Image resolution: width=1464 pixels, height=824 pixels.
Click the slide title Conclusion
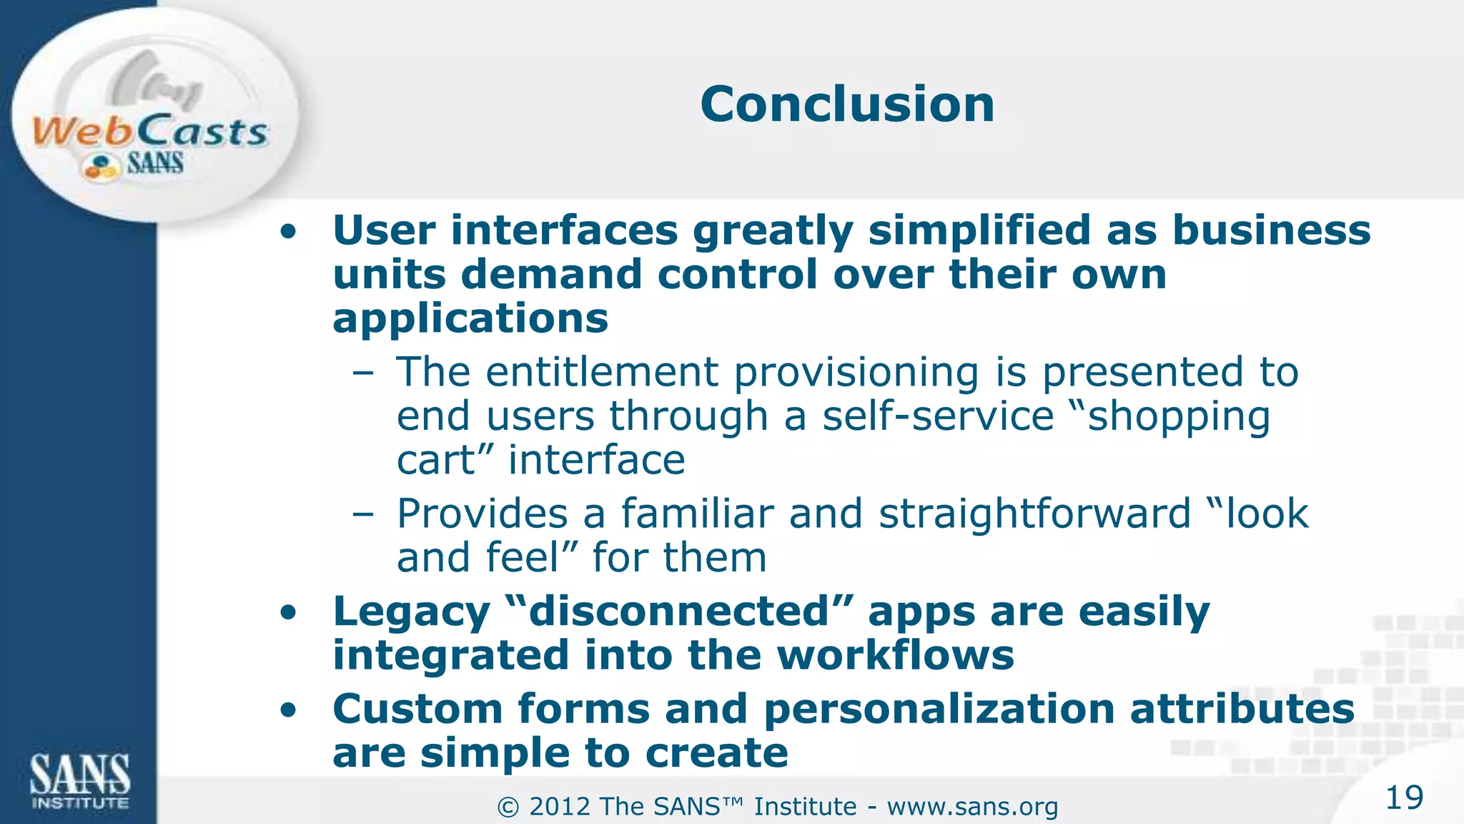point(847,104)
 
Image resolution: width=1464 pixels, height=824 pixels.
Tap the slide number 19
point(1404,798)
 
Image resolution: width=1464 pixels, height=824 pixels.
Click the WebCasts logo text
point(150,132)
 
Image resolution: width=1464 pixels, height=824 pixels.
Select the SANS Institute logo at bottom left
point(79,781)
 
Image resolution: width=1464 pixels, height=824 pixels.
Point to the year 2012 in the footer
point(560,807)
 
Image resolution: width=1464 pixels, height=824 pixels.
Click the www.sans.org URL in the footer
point(972,807)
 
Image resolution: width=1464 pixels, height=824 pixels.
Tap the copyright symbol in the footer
point(508,808)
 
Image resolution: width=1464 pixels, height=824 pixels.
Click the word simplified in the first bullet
point(979,232)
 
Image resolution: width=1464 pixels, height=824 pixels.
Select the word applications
point(470,319)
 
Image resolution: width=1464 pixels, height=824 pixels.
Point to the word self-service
point(938,416)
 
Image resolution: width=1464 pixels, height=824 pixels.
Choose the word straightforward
point(1034,514)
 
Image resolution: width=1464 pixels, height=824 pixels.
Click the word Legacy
point(411,612)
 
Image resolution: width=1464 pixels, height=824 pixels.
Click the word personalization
point(939,710)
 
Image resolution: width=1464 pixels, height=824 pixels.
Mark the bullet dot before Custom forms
point(288,710)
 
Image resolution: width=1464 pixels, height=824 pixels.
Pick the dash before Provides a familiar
point(362,514)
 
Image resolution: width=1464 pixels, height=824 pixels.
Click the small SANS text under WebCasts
point(155,164)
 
